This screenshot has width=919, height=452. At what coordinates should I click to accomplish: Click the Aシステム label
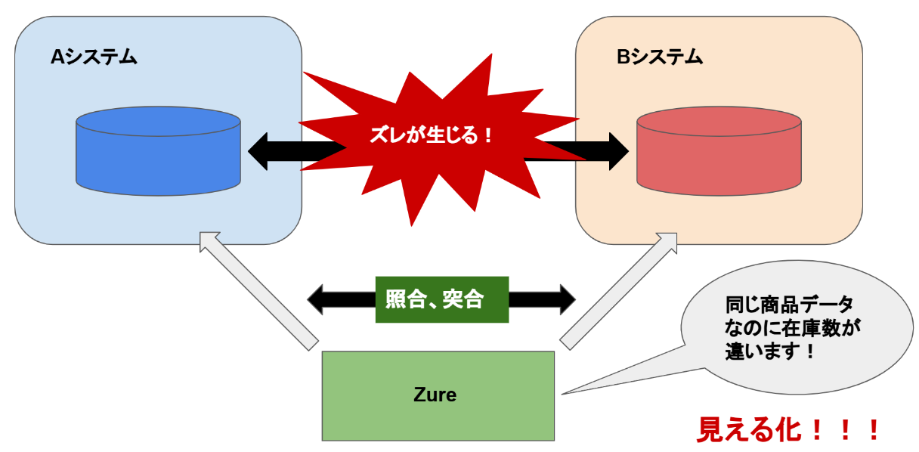[94, 57]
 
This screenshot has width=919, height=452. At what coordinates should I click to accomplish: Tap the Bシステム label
[659, 57]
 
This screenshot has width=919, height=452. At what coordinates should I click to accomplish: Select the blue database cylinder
[158, 151]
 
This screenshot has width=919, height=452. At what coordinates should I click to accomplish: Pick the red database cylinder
[718, 151]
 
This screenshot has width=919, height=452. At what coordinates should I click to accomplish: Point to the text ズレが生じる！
[432, 135]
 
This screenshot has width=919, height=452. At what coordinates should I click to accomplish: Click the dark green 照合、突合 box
[441, 299]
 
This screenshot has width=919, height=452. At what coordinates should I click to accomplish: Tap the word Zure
[435, 395]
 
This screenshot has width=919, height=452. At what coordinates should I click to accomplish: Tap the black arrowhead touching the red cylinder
[617, 151]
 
